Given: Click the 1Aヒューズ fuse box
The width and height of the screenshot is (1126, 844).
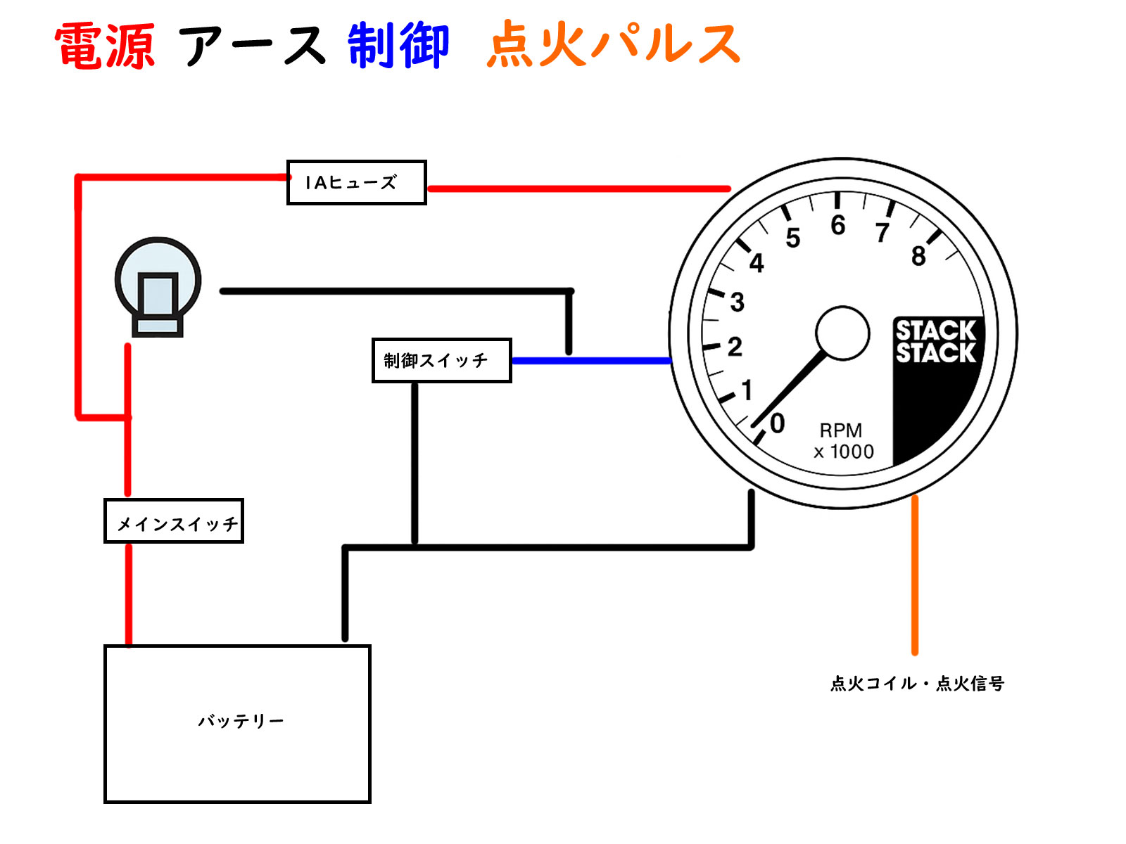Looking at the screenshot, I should pyautogui.click(x=356, y=183).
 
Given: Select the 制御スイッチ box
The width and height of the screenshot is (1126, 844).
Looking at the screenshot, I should pyautogui.click(x=441, y=361).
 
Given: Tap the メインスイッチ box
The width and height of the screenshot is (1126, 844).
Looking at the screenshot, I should pyautogui.click(x=174, y=521).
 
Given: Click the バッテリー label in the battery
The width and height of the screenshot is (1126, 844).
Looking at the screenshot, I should pyautogui.click(x=241, y=721).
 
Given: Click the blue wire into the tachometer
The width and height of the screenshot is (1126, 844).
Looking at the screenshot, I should pyautogui.click(x=591, y=361).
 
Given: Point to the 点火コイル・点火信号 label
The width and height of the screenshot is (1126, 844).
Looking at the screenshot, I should pyautogui.click(x=917, y=683).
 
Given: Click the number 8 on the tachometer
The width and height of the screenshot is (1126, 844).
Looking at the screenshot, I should pyautogui.click(x=918, y=257).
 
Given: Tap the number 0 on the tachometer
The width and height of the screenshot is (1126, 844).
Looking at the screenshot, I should pyautogui.click(x=777, y=423).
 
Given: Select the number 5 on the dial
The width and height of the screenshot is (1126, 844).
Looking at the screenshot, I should pyautogui.click(x=793, y=238).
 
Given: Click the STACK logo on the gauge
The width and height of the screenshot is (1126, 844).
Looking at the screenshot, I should pyautogui.click(x=936, y=342).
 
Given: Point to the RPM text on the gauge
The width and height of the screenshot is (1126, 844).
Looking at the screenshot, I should pyautogui.click(x=840, y=430).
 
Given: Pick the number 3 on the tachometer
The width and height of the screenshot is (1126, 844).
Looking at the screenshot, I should pyautogui.click(x=737, y=302).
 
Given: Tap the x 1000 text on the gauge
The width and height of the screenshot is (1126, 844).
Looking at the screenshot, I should pyautogui.click(x=844, y=452).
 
